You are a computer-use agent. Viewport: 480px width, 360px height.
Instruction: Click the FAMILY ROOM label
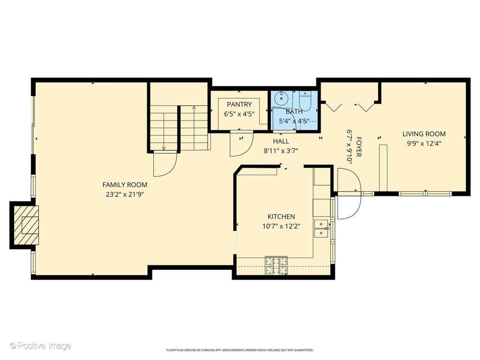[125, 185]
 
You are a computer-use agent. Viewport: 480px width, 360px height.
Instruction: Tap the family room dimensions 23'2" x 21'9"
[125, 194]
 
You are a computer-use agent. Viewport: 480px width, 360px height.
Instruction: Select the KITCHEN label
[281, 217]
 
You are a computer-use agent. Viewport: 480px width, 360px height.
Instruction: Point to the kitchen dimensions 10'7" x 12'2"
[281, 226]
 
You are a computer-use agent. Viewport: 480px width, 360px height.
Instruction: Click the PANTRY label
[240, 105]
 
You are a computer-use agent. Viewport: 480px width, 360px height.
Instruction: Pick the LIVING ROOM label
[424, 134]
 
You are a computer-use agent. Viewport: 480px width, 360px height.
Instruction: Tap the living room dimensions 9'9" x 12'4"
[424, 143]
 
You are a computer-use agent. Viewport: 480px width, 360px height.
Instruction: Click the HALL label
[281, 141]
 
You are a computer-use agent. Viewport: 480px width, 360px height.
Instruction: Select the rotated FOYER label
[359, 147]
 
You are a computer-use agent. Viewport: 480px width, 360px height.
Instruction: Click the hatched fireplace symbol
[26, 225]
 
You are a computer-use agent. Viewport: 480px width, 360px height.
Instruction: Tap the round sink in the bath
[281, 98]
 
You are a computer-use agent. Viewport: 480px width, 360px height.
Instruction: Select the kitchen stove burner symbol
[276, 265]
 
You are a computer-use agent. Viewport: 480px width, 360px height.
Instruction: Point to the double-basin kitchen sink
[321, 229]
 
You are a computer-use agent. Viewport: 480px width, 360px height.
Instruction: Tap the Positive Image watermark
[40, 346]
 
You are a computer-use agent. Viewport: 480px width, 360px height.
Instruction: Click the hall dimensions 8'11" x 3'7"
[281, 150]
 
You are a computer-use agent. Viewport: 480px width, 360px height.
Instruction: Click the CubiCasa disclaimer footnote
[240, 350]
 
